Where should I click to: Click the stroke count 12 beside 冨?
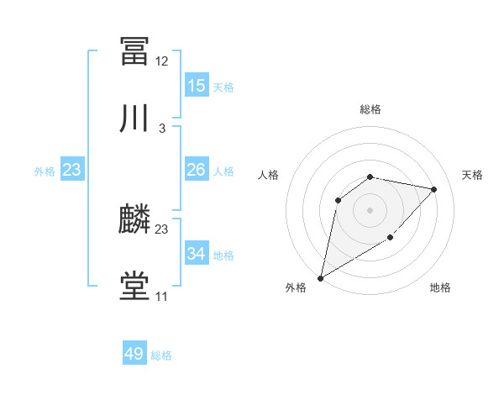[x=162, y=61]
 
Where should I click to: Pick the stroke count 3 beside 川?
[x=162, y=129]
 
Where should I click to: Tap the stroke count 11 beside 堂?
[x=162, y=297]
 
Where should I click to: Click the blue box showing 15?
[x=197, y=86]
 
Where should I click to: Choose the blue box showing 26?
[x=197, y=170]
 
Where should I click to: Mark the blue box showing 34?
[x=197, y=253]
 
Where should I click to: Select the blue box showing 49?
[x=134, y=354]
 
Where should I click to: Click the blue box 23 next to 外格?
[x=72, y=170]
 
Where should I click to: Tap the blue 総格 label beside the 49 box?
[x=162, y=355]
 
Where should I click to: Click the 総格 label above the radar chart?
[x=370, y=109]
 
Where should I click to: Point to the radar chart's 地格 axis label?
[x=440, y=288]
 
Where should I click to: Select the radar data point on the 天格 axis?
[x=434, y=189]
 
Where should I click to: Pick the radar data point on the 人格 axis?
[x=339, y=200]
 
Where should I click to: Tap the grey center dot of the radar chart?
[x=370, y=210]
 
